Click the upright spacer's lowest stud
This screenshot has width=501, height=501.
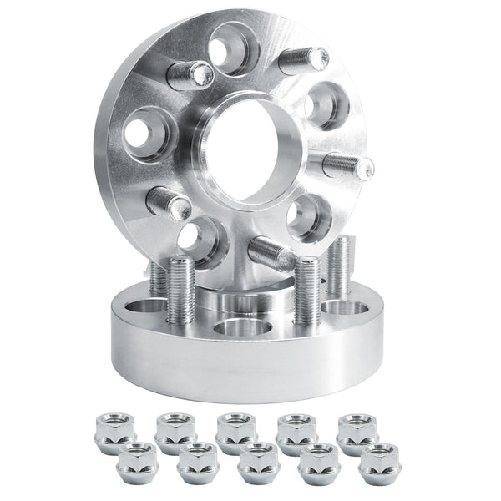pyautogui.click(x=276, y=250)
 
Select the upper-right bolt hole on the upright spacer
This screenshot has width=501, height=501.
pyautogui.click(x=322, y=106)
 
